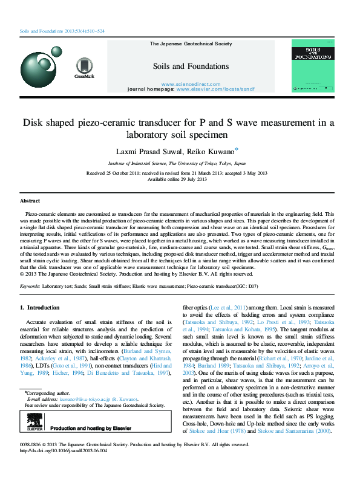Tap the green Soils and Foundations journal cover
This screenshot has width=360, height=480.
click(x=313, y=66)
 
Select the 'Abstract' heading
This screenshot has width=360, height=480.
click(x=30, y=200)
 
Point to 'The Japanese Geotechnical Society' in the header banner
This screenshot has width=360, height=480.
click(x=190, y=44)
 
